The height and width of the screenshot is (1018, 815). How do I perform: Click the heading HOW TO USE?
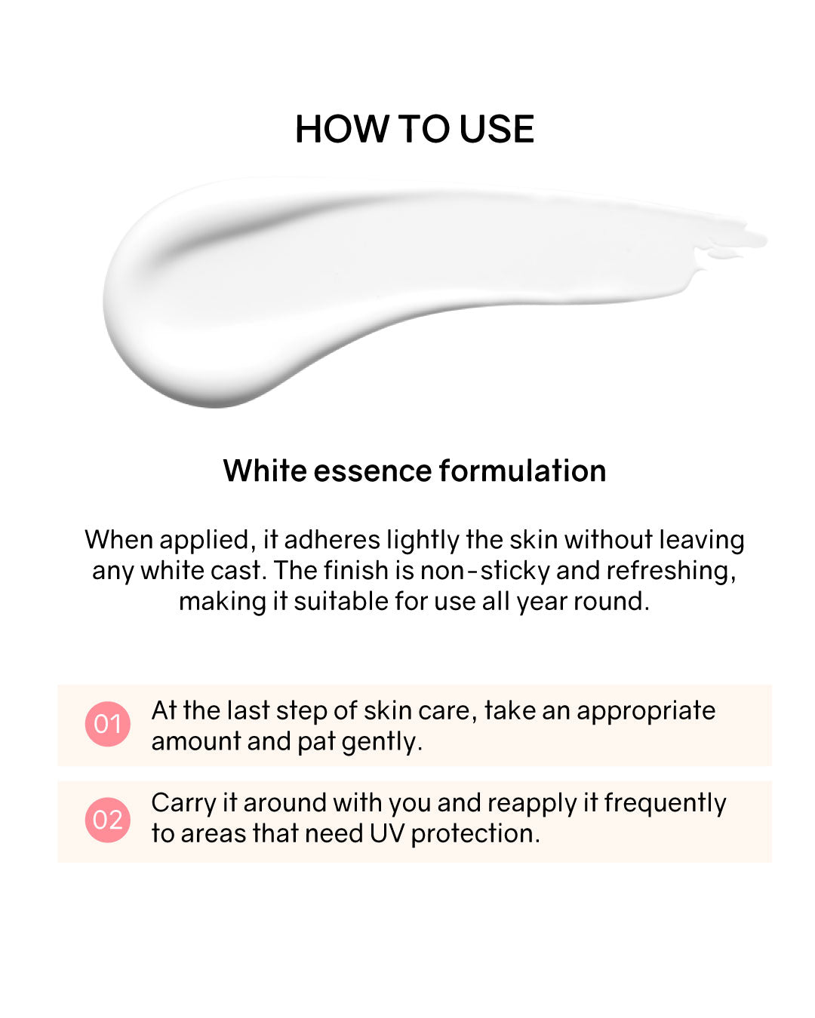[414, 129]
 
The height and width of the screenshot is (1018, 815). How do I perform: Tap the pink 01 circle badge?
[107, 724]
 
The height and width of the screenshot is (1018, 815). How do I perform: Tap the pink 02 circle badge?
[107, 820]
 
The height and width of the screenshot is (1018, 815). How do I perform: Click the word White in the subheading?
[265, 471]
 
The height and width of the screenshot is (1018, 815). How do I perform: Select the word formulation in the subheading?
[522, 471]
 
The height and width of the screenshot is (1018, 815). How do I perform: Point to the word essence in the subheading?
[373, 471]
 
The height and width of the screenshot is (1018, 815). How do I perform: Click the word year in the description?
[543, 603]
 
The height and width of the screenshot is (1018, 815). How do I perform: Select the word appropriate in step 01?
[646, 712]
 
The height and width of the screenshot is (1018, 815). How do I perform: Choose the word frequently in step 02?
[665, 804]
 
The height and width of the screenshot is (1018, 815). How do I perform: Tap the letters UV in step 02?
[387, 834]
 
